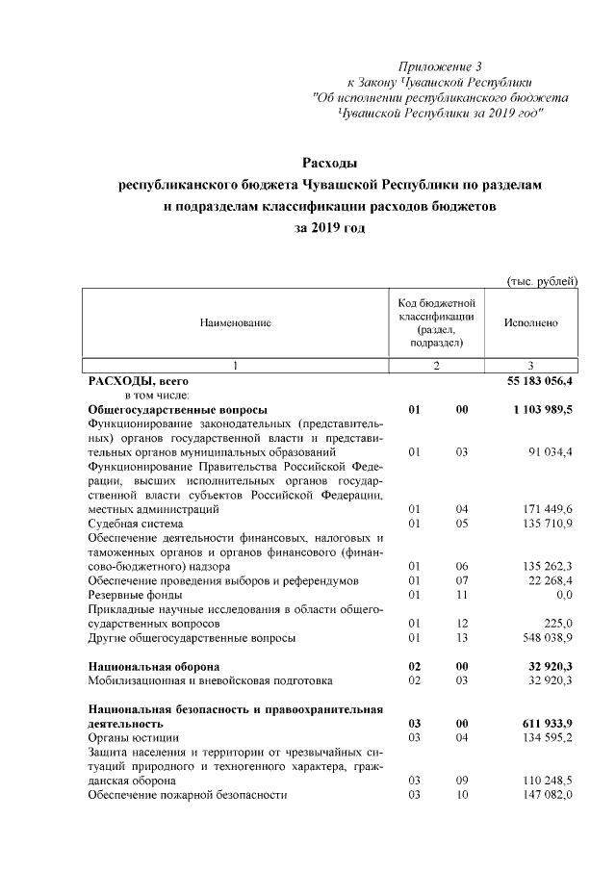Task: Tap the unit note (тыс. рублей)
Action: tap(541, 281)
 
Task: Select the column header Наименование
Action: tap(235, 323)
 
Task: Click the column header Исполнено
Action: tap(530, 323)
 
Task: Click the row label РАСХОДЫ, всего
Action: tap(131, 382)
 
